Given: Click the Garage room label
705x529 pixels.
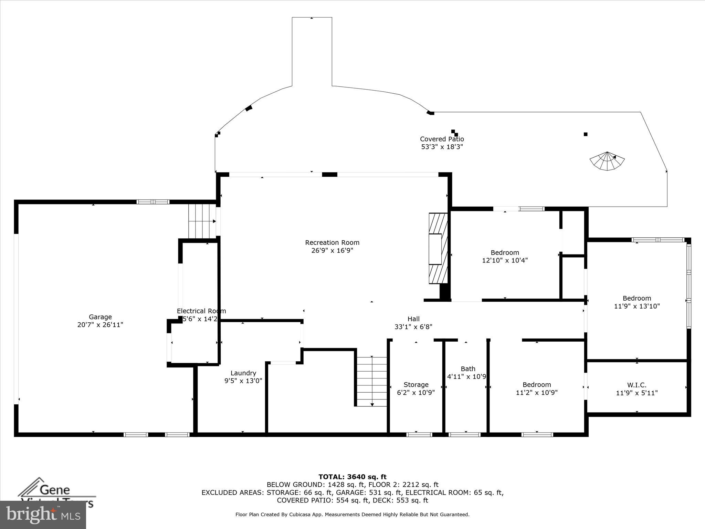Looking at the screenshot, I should point(100,317).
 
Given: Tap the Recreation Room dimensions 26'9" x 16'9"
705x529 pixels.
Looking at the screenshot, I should point(332,250).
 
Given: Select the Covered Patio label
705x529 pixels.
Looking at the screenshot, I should point(442,139).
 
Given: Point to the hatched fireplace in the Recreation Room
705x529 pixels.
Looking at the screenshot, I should point(438,248).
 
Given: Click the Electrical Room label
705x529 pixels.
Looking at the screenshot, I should point(201,311).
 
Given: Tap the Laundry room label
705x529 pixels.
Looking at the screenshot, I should point(243,373).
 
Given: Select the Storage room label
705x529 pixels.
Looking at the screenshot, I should point(416,385).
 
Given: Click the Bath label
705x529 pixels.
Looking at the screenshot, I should point(468,369).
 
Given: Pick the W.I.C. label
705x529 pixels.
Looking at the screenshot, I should point(636,385).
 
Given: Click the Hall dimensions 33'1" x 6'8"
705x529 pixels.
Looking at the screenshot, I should point(413,327).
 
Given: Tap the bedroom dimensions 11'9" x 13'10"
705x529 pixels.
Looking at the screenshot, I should point(636,306).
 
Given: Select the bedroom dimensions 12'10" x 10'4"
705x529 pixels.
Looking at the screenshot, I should point(505,260).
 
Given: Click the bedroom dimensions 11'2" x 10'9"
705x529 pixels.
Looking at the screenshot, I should point(536,393).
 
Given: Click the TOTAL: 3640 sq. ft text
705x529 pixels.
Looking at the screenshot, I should point(352,477).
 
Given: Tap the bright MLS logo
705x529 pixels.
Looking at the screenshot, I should point(43,515).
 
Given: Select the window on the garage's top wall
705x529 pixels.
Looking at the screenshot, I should point(153,202).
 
